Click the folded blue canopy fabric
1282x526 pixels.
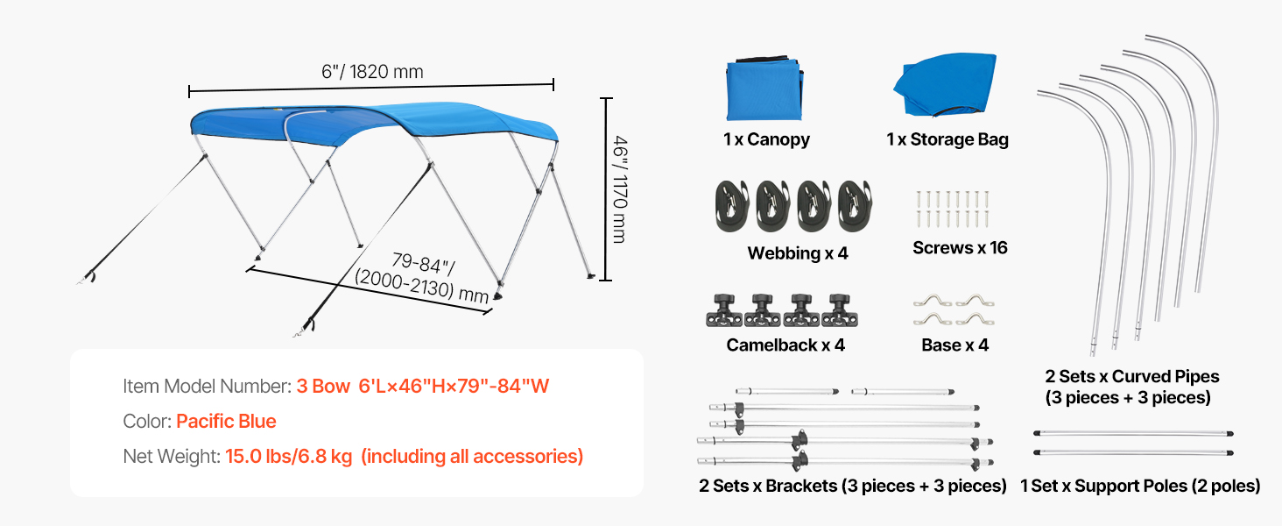click(763, 90)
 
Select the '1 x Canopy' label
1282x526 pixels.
click(766, 139)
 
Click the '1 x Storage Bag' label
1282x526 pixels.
click(947, 139)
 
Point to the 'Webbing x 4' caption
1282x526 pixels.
click(798, 253)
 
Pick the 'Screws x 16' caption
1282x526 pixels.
click(960, 248)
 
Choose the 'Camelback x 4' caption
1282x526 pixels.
click(785, 345)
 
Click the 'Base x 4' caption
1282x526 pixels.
click(954, 345)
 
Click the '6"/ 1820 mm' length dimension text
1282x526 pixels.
click(372, 71)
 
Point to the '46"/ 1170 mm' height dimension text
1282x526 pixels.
click(620, 188)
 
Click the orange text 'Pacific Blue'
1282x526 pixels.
click(226, 422)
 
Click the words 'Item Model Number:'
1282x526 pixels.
click(207, 387)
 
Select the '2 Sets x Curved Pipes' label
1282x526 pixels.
click(1131, 377)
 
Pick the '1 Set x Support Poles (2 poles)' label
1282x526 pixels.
click(1140, 486)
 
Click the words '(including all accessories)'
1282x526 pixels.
click(472, 457)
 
